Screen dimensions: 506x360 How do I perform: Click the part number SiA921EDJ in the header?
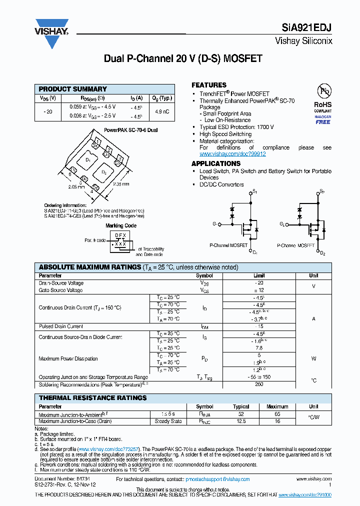pos(311,28)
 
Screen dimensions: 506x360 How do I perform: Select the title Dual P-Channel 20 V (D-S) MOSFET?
pos(182,58)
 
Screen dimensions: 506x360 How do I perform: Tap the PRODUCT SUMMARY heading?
pos(73,89)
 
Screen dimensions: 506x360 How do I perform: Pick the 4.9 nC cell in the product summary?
pos(162,111)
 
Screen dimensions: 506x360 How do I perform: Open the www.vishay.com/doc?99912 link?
pos(228,154)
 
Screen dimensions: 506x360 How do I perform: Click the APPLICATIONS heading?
pos(216,163)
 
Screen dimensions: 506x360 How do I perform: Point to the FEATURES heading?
pos(209,85)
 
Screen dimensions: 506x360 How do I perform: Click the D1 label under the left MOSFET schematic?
pos(255,252)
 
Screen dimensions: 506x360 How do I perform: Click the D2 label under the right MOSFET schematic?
pos(322,253)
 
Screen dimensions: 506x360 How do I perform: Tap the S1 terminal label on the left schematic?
pos(254,191)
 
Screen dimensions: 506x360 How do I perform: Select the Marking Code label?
pos(121,225)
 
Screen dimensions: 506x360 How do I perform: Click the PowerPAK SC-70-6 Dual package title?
pos(131,129)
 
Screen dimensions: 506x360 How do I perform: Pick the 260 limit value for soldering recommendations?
pos(258,384)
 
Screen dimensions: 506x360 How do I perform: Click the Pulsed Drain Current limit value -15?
pos(258,326)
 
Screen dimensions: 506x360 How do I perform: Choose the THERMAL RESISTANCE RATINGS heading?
pos(92,398)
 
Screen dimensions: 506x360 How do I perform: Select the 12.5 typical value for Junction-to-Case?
pos(241,421)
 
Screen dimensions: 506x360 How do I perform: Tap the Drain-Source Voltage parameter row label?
pos(61,283)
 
